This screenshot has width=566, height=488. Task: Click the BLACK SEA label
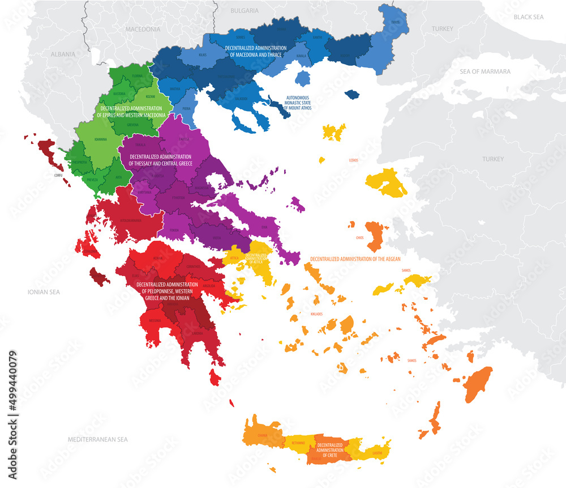pos(528,18)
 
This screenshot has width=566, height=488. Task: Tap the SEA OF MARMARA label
pos(486,72)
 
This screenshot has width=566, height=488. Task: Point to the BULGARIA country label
pos(245,11)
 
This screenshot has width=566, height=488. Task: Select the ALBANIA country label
pos(63,54)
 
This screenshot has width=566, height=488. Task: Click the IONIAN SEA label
pos(44,292)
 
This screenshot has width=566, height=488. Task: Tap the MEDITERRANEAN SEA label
pos(97,439)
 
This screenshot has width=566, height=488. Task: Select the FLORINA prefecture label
pos(138,75)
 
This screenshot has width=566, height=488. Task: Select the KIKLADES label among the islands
pos(316,313)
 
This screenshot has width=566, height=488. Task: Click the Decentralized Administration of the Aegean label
pos(355,259)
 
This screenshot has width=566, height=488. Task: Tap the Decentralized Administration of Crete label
pos(330,449)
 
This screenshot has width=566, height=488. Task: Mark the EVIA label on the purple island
pos(263,227)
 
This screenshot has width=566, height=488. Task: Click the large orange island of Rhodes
pos(478,384)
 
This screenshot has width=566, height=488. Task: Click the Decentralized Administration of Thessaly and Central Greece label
pos(161,160)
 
